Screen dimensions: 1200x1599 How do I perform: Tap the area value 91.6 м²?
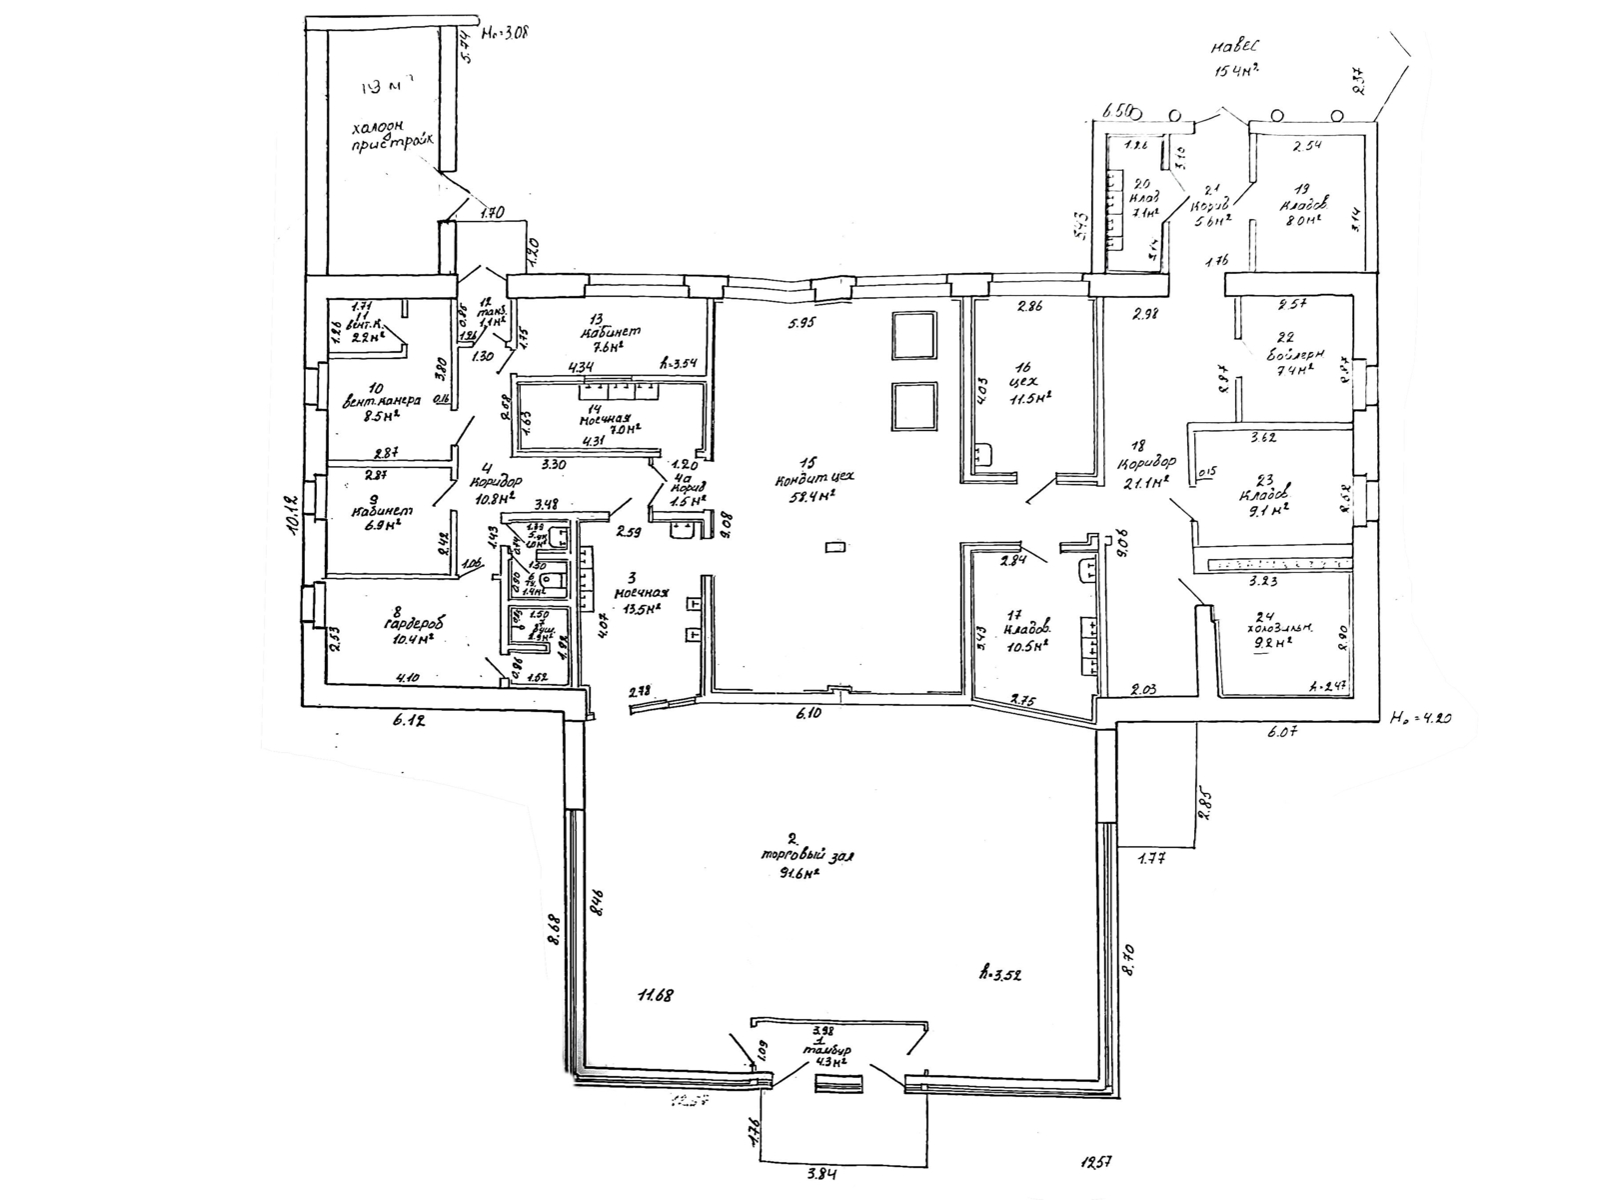pos(799,872)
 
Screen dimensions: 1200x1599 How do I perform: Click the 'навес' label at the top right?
pos(1236,47)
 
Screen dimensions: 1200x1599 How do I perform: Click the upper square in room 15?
pos(913,335)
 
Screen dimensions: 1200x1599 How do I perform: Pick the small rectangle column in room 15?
pos(835,546)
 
